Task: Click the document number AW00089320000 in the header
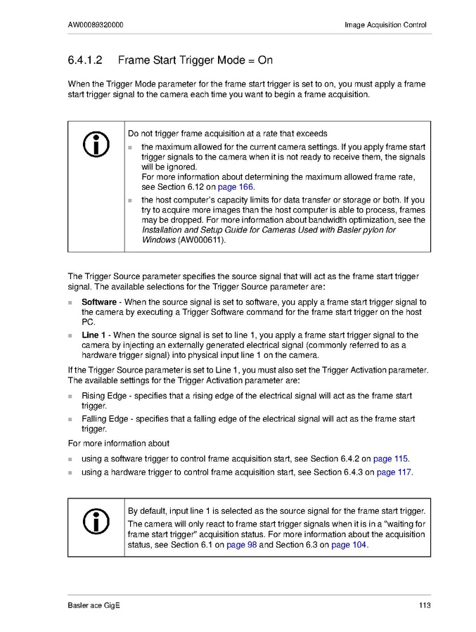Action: click(x=96, y=25)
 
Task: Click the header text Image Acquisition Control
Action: click(x=385, y=25)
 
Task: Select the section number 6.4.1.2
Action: click(x=86, y=60)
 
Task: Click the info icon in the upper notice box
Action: click(x=96, y=144)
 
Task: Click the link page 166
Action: click(x=236, y=188)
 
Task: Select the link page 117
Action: click(x=394, y=472)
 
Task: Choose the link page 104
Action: click(x=349, y=545)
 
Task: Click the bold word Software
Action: click(x=99, y=302)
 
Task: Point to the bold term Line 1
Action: click(x=94, y=335)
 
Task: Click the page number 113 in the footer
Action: click(x=423, y=605)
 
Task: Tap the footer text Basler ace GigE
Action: click(x=94, y=605)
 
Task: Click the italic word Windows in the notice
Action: click(x=158, y=240)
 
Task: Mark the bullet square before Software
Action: click(x=71, y=303)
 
